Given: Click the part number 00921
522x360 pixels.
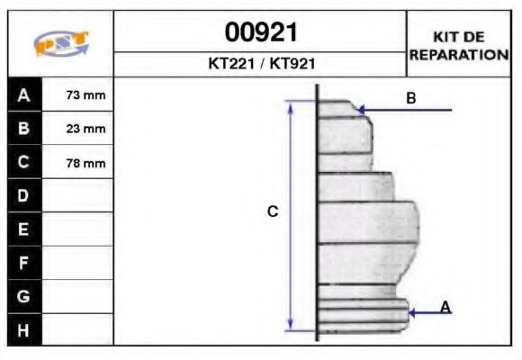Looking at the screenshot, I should click(260, 34).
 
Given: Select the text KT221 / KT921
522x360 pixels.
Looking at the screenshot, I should click(260, 65).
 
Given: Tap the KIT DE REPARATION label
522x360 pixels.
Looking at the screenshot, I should click(459, 46).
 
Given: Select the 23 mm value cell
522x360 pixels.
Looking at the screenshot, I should click(86, 129).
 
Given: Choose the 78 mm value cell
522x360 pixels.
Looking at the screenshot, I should click(86, 163).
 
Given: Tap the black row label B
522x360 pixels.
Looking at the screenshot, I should click(24, 129).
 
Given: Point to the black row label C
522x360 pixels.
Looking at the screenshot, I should click(24, 163).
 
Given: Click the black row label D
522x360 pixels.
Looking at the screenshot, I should click(24, 195).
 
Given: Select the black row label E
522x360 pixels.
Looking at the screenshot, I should click(24, 229).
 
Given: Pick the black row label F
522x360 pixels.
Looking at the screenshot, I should click(24, 263).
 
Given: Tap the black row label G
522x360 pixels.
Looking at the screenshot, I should click(24, 296).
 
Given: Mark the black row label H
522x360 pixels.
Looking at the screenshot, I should click(24, 329).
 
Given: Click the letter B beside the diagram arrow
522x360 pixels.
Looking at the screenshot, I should click(410, 98).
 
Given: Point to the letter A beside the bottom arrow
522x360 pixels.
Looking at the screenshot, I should click(445, 308).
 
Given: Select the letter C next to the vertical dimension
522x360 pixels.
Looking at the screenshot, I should click(273, 211).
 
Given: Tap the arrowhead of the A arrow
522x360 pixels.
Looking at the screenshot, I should click(412, 313).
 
